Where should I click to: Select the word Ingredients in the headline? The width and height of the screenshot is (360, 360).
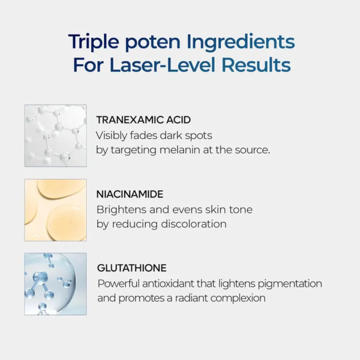click(241, 42)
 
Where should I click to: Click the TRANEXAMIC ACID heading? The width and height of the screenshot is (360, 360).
click(143, 120)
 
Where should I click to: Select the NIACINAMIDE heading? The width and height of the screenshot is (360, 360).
click(130, 194)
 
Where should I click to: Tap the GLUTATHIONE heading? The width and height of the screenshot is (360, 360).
click(131, 268)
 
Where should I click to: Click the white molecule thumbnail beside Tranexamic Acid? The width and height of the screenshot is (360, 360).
click(55, 136)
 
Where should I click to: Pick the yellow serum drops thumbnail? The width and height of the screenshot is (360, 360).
click(55, 209)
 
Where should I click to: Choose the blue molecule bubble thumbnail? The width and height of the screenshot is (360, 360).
click(55, 284)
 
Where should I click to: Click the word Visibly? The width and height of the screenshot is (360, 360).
click(113, 135)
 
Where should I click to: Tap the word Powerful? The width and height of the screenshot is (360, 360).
click(118, 283)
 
